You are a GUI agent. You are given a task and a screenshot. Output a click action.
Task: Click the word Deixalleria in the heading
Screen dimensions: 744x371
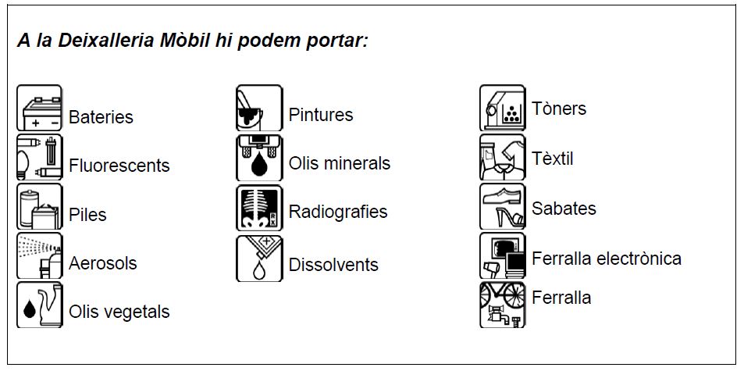click(106, 41)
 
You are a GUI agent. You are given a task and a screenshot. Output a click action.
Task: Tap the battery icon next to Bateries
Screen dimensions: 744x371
click(39, 108)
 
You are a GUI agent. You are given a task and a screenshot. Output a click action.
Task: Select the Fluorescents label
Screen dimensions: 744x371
click(119, 166)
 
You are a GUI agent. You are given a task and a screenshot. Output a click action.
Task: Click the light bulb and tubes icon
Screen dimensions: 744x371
click(39, 157)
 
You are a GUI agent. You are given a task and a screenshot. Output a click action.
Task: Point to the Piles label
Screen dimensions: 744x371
click(87, 215)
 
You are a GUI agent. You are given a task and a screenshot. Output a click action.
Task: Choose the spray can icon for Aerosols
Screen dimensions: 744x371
click(39, 255)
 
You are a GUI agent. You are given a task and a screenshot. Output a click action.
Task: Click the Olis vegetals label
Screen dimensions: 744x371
click(119, 312)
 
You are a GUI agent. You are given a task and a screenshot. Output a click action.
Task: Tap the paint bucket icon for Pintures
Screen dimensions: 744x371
click(259, 108)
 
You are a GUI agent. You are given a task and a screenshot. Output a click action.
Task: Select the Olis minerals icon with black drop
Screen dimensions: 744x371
click(259, 158)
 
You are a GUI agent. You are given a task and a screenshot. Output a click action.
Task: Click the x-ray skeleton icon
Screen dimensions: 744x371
click(259, 208)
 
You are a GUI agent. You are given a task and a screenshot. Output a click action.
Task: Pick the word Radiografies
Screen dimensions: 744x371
click(338, 212)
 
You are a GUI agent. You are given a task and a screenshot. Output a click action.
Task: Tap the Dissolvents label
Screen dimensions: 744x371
click(333, 265)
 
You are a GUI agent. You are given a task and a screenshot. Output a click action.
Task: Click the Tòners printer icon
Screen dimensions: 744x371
click(503, 108)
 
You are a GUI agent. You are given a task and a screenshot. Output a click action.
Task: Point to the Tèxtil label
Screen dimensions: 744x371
click(552, 159)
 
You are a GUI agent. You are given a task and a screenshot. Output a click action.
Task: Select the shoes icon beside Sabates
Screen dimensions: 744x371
click(503, 206)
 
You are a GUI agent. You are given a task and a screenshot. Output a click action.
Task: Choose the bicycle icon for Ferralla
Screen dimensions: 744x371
click(503, 305)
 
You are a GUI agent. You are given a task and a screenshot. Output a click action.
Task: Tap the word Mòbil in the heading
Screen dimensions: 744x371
click(184, 41)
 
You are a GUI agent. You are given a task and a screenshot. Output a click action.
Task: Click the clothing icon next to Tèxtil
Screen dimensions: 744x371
click(503, 157)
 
